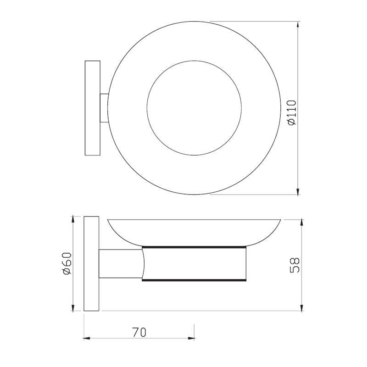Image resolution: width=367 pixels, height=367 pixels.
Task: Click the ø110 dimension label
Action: pyautogui.click(x=293, y=112)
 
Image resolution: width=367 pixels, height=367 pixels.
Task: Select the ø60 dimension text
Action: pyautogui.click(x=67, y=264)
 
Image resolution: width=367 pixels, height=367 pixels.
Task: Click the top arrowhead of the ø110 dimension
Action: pyautogui.click(x=298, y=24)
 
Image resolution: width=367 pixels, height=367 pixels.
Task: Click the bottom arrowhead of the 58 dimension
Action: pyautogui.click(x=301, y=307)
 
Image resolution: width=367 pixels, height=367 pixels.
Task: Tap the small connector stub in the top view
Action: pyautogui.click(x=105, y=108)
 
